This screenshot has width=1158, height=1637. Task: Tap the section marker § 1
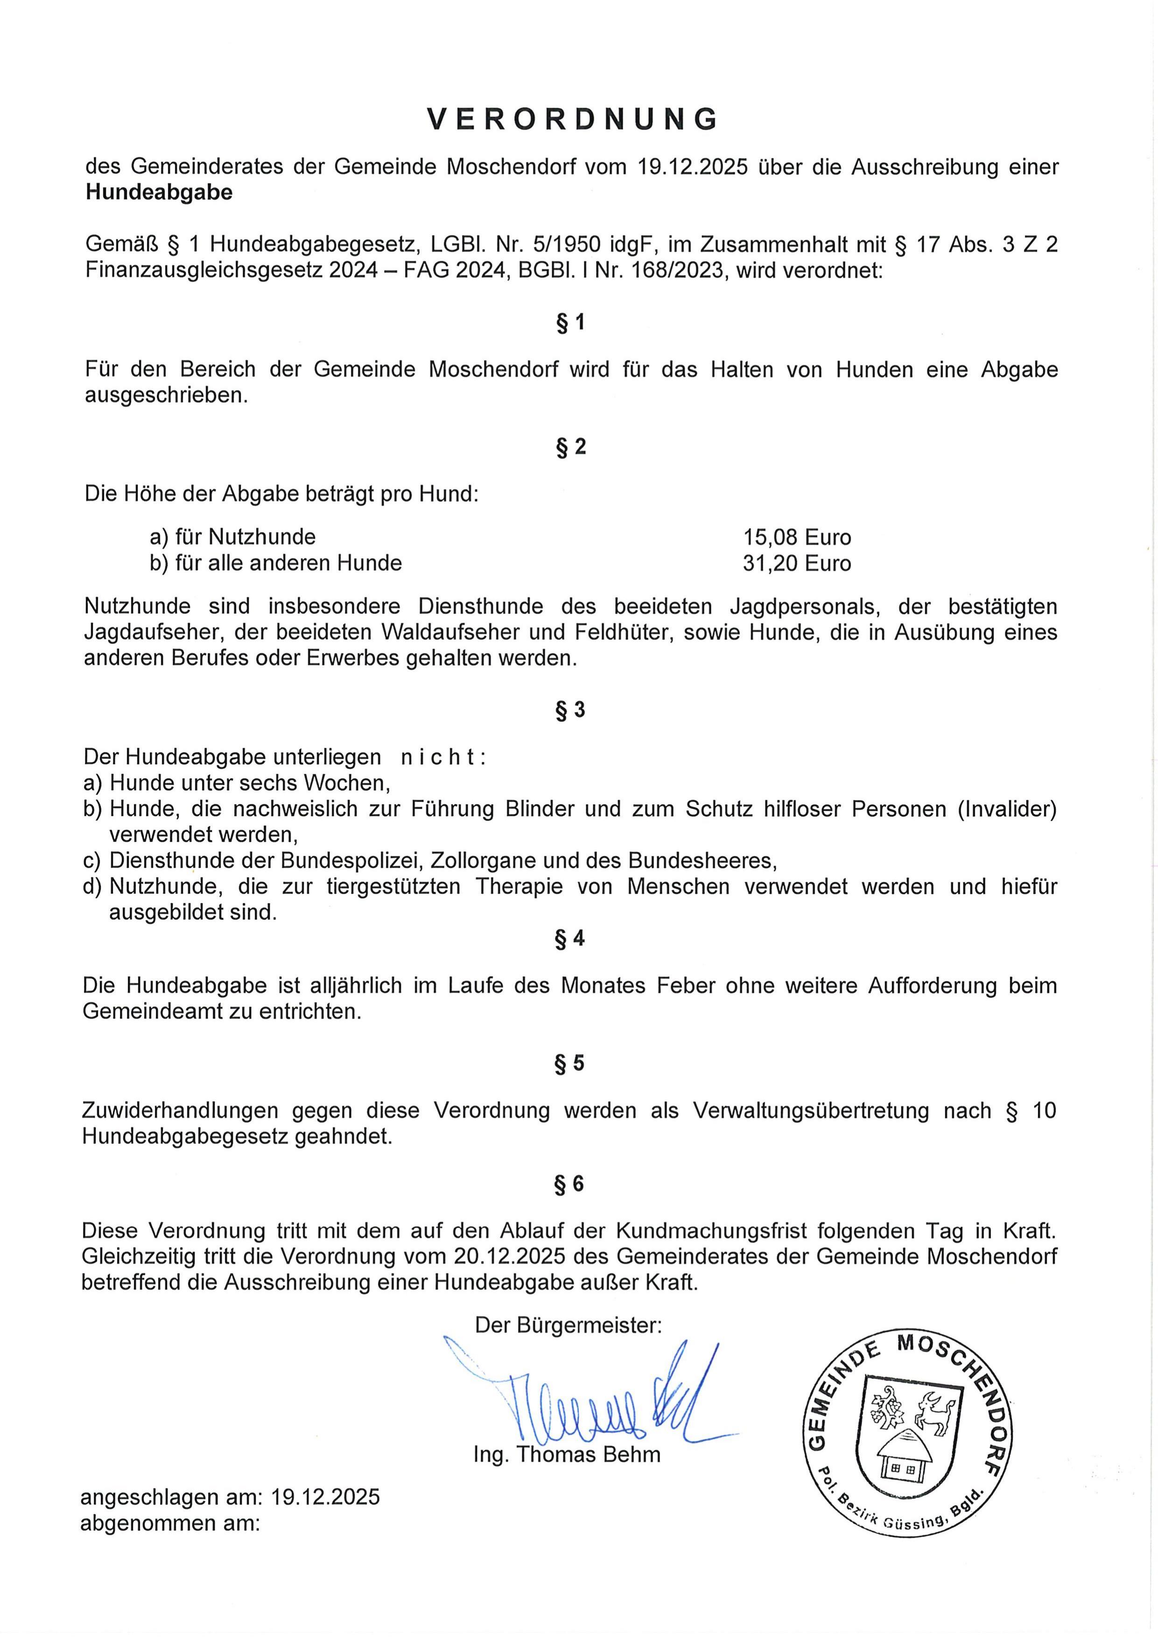click(570, 323)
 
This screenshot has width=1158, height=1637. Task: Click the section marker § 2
click(570, 447)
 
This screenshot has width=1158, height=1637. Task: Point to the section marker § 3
click(570, 710)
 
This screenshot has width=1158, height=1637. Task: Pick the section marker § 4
click(570, 939)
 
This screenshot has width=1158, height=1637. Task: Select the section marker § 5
click(570, 1063)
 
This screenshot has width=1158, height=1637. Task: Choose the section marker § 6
click(570, 1184)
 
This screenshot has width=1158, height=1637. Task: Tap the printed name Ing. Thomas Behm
click(567, 1455)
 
